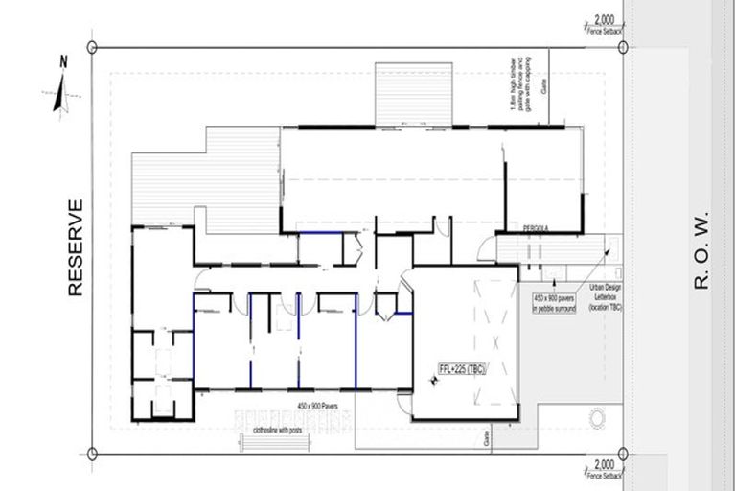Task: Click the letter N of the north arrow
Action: pos(63,62)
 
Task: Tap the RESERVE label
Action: pos(77,246)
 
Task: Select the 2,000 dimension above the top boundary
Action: pos(604,19)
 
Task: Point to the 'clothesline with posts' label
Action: pos(277,430)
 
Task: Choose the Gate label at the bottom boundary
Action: pos(488,438)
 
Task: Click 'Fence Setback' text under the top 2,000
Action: pos(604,31)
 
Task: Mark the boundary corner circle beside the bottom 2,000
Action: pos(624,454)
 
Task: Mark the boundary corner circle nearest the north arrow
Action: pos(92,46)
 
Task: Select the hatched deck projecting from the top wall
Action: pos(413,94)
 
